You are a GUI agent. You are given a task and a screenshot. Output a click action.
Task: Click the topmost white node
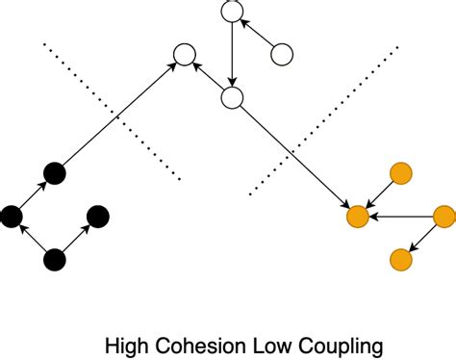[231, 12]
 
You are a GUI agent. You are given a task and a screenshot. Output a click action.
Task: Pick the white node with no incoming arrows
[282, 55]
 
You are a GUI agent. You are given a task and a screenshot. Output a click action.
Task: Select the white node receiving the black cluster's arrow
[183, 55]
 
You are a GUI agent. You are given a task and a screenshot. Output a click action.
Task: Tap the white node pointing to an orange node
[231, 98]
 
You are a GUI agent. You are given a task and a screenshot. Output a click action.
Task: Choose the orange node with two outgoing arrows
[443, 217]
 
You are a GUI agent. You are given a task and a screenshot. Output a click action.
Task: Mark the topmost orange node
[400, 173]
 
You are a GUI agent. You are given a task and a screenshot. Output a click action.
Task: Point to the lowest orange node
[400, 259]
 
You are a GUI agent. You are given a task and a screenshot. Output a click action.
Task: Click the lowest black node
[55, 259]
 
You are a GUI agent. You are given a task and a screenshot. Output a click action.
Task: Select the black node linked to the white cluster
[55, 173]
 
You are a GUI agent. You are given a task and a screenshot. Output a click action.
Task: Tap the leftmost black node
[12, 217]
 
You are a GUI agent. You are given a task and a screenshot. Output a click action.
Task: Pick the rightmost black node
[97, 217]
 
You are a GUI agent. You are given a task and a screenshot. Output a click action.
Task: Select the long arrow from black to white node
[118, 114]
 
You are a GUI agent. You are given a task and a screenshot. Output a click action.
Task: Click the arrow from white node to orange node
[294, 157]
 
